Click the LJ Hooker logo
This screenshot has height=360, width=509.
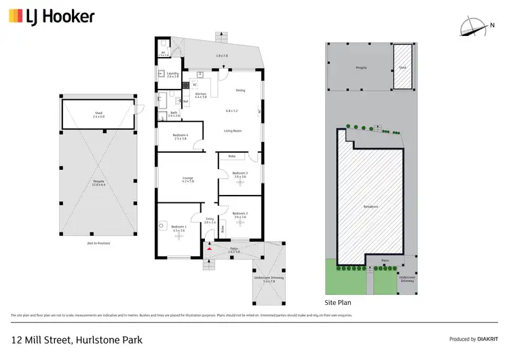click(52, 16)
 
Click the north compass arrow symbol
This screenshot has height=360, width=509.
click(470, 26)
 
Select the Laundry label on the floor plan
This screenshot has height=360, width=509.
click(172, 75)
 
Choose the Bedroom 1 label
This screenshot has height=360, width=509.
click(178, 227)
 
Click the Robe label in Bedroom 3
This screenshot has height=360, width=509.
click(231, 156)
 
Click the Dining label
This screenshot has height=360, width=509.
click(240, 90)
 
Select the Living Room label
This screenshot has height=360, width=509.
click(233, 130)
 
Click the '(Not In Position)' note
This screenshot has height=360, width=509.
click(98, 242)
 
